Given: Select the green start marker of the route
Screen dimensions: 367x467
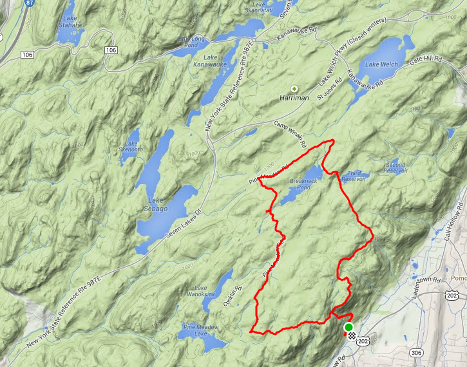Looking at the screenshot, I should [348, 328].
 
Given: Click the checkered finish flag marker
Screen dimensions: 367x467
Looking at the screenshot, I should [352, 336].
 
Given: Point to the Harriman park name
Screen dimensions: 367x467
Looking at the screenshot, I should [295, 98].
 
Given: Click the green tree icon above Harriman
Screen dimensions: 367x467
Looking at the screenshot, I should [295, 88].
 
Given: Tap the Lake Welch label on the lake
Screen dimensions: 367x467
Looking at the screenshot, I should [382, 64].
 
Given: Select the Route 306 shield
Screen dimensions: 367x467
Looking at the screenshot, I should [417, 353].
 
